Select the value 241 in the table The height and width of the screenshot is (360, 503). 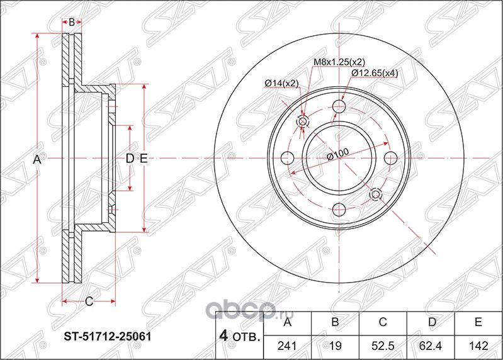[x=288, y=345]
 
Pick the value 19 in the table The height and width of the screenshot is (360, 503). [x=336, y=345]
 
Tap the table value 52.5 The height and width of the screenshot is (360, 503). [x=383, y=345]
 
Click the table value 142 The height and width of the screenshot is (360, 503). [x=478, y=345]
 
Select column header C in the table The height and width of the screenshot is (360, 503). [x=383, y=323]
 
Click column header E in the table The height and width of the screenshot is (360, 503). [x=478, y=323]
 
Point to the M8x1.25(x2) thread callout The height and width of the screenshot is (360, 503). [x=339, y=62]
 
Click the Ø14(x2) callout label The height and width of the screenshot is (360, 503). [x=281, y=83]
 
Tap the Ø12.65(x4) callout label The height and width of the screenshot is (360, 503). [x=375, y=73]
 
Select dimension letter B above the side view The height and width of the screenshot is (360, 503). [x=72, y=22]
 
